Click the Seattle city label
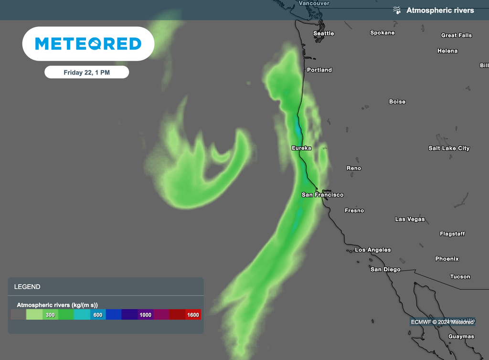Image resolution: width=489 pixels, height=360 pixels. click(323, 33)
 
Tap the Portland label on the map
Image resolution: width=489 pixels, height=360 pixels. click(319, 70)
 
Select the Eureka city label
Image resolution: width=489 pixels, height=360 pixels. click(301, 148)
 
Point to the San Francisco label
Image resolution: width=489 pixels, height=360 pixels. click(322, 195)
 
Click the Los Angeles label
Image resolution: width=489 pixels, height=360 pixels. click(372, 250)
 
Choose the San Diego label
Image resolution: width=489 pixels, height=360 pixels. click(385, 269)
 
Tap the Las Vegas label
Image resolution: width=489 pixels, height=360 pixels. click(410, 219)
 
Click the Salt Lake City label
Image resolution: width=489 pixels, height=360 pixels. click(449, 148)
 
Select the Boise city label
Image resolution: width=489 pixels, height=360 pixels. click(397, 102)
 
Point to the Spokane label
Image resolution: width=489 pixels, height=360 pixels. click(382, 32)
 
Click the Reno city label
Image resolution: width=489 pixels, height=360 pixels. click(353, 168)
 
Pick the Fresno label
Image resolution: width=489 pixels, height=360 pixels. click(354, 211)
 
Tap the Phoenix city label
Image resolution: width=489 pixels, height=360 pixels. click(446, 259)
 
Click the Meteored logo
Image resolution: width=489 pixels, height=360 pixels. click(88, 44)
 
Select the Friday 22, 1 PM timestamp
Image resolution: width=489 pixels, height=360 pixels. click(86, 73)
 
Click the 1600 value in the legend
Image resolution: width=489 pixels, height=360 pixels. click(193, 315)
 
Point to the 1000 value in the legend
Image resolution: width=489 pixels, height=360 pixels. click(145, 315)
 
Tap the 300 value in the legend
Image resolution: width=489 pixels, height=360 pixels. click(50, 315)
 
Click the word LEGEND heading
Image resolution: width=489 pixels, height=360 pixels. click(27, 287)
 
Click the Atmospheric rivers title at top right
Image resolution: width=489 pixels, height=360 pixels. click(440, 10)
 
